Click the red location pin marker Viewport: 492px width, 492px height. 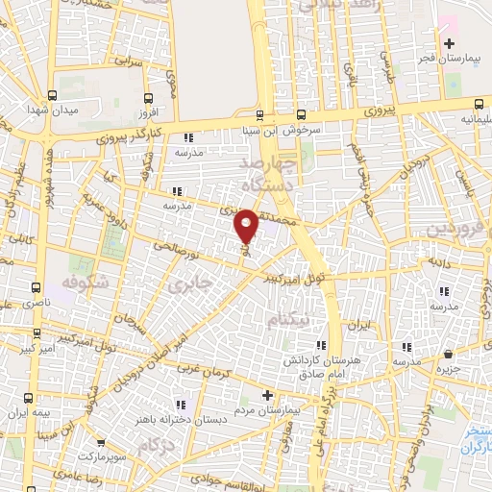(245, 226)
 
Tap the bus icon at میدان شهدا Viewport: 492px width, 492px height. (51, 95)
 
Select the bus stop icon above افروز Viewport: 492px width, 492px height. (148, 98)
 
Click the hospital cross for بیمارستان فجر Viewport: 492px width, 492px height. (448, 43)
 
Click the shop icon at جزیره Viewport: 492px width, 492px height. (449, 353)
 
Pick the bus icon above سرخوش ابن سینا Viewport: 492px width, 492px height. (258, 111)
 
